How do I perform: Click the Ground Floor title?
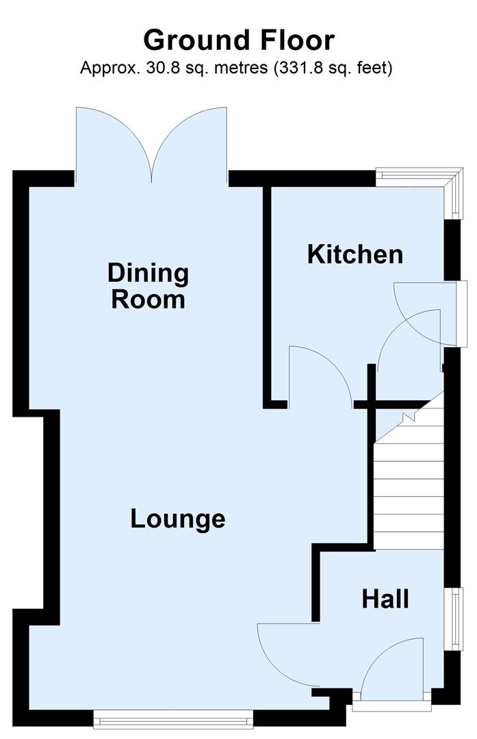238,40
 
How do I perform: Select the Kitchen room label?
354,255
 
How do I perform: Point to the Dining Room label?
148,286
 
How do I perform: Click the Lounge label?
178,519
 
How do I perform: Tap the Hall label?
385,599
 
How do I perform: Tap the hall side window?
452,619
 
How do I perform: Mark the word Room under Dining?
148,300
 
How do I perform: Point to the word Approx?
105,68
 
